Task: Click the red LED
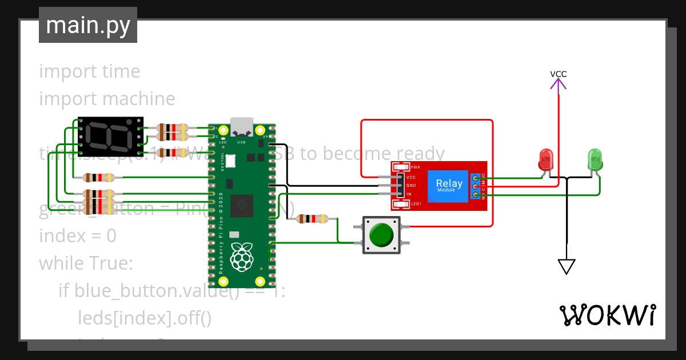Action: [x=547, y=159]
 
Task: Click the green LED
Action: [x=595, y=159]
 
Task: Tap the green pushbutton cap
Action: [x=381, y=235]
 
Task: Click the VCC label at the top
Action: [x=558, y=74]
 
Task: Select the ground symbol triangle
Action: [x=567, y=266]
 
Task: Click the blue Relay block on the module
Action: [x=449, y=185]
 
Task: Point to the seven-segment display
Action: [x=110, y=137]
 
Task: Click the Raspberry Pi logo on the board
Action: [x=242, y=257]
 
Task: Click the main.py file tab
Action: [x=88, y=25]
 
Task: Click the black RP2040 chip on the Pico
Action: [x=242, y=205]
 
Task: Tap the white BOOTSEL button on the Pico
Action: [x=230, y=161]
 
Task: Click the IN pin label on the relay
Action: [x=409, y=194]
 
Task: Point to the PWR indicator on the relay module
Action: [x=402, y=167]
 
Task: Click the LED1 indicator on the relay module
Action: [x=402, y=203]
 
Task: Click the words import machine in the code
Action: [x=107, y=99]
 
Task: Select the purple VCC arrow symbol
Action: [x=558, y=85]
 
